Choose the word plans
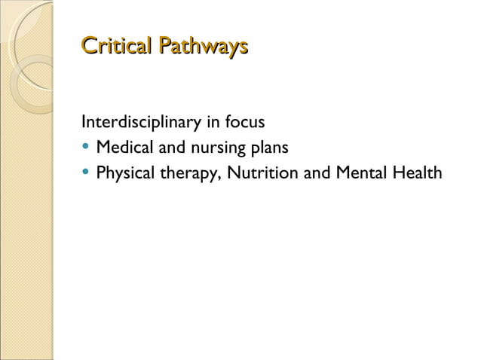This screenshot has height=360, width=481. [x=268, y=148]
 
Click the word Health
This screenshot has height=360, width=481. [x=415, y=173]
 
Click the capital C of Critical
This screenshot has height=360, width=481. [x=88, y=47]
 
